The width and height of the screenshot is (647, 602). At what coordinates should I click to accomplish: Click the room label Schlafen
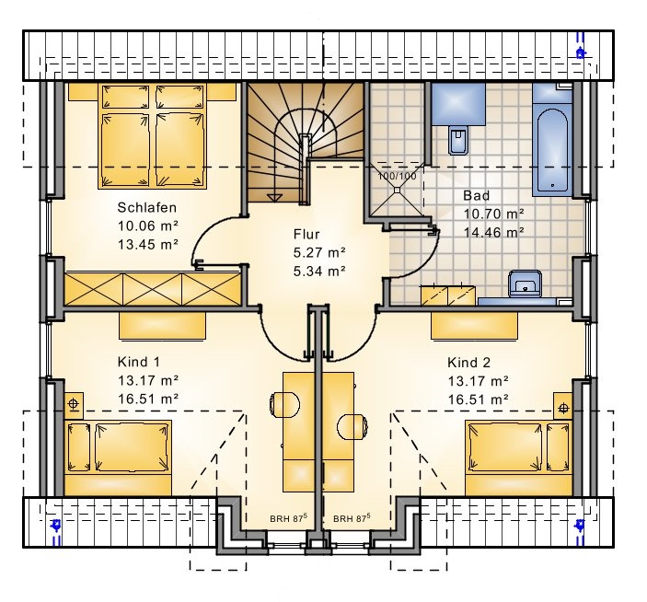(146, 207)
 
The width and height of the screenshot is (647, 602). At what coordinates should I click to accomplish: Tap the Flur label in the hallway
(306, 235)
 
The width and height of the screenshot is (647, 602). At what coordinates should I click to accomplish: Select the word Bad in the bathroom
(476, 195)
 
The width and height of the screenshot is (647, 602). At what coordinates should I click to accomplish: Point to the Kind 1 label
(139, 362)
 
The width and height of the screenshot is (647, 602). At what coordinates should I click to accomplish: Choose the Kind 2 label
(468, 363)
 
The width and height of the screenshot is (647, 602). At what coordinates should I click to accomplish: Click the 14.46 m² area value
(494, 233)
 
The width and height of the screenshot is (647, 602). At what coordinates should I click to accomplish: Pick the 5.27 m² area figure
(319, 252)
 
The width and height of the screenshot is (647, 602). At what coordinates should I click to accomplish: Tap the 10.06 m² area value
(148, 226)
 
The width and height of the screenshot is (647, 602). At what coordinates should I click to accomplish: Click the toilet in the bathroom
(458, 140)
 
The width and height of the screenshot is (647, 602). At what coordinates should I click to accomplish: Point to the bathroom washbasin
(525, 284)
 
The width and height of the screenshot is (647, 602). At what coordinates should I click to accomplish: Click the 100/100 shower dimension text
(397, 176)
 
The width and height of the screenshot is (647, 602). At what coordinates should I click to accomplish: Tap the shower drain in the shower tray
(397, 190)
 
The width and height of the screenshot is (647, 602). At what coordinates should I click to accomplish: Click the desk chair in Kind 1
(284, 404)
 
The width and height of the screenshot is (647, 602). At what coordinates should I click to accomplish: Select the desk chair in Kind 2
(352, 426)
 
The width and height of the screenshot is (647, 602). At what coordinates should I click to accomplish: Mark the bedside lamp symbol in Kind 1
(74, 403)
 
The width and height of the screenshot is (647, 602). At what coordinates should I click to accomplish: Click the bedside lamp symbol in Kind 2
(563, 409)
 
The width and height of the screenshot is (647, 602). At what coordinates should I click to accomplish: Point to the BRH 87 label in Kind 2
(352, 518)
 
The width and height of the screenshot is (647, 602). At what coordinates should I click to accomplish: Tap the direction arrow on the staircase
(273, 198)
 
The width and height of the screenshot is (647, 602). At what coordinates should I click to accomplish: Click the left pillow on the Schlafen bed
(125, 97)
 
